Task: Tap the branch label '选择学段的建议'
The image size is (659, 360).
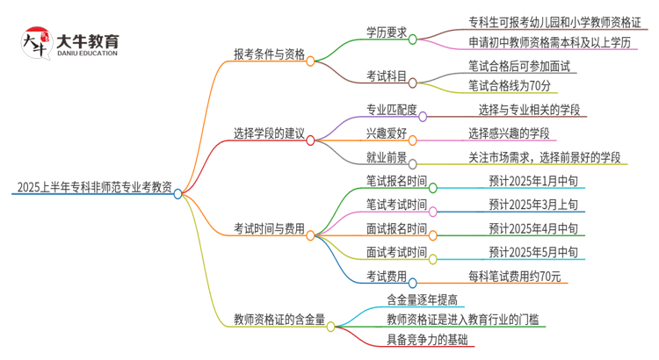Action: click(x=270, y=134)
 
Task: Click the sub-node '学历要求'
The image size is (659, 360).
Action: click(x=387, y=32)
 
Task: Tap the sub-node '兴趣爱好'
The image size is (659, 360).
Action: click(x=387, y=133)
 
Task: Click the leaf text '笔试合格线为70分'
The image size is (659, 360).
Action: click(x=510, y=86)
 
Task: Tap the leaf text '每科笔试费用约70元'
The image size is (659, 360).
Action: click(x=525, y=277)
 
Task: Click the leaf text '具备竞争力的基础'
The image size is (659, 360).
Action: click(x=428, y=340)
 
